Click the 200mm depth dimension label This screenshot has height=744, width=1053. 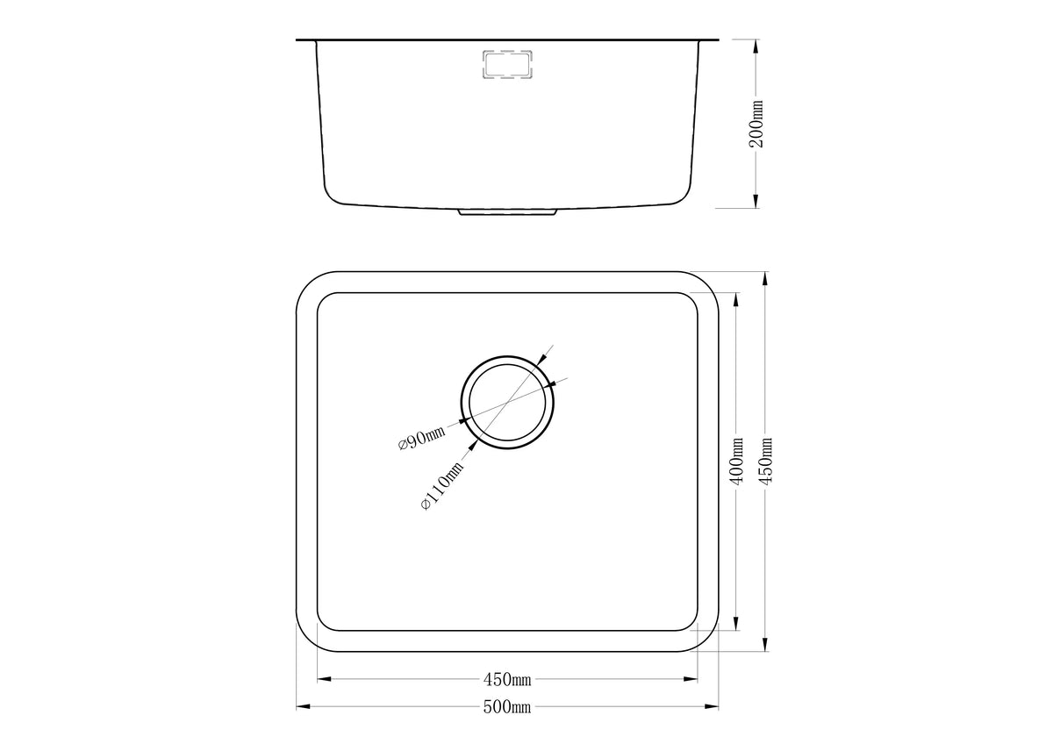pos(756,124)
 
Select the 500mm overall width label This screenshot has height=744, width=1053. pos(507,707)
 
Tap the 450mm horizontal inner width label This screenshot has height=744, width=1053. pos(507,679)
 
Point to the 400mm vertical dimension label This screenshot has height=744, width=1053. pos(736,461)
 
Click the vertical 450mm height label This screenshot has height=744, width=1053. pos(765,461)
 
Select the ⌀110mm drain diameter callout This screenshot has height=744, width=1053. pos(442,485)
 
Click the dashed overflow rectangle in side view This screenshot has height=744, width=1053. pos(507,64)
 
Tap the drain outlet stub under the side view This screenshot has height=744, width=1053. pos(507,212)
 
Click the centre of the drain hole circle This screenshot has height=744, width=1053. pos(507,403)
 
